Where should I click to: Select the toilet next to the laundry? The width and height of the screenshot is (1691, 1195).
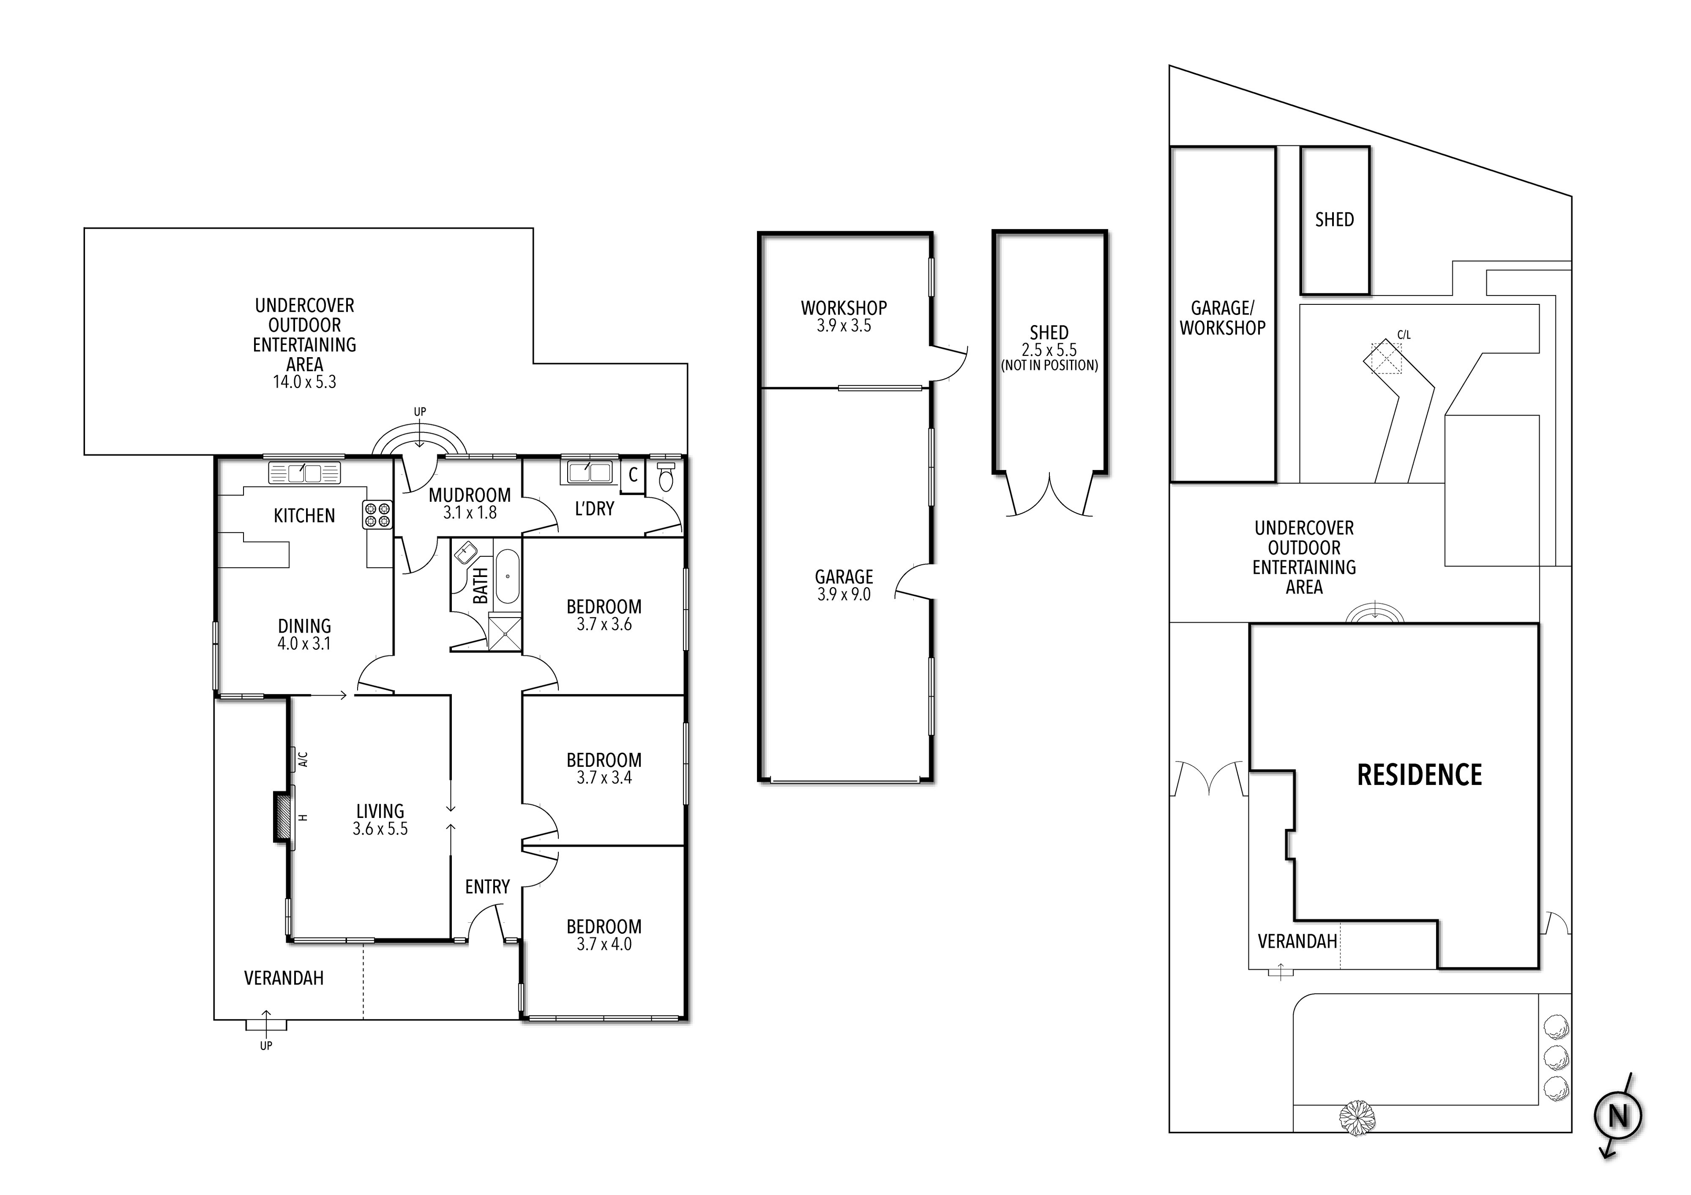click(x=666, y=478)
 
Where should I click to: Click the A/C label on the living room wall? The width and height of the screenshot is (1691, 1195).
click(x=303, y=759)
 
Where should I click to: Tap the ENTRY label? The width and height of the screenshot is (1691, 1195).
click(x=487, y=887)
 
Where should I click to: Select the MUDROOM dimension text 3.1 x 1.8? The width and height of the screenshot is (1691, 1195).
click(x=470, y=513)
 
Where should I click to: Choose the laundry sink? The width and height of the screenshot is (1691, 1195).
click(x=589, y=471)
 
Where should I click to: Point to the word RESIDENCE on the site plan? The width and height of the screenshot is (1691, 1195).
click(x=1419, y=775)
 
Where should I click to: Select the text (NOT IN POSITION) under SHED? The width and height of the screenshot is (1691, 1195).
click(x=1049, y=366)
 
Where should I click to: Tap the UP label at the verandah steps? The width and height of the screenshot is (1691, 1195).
click(x=266, y=1045)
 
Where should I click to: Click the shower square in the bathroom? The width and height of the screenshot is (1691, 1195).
click(x=505, y=632)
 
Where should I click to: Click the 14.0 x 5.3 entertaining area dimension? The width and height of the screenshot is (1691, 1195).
click(x=304, y=381)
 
